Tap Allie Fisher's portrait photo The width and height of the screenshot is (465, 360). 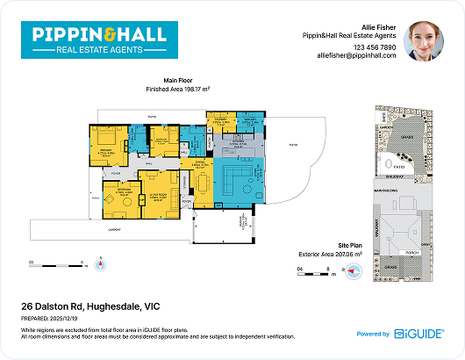pyautogui.click(x=425, y=41)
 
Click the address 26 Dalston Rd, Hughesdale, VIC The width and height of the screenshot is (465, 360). pyautogui.click(x=89, y=306)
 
